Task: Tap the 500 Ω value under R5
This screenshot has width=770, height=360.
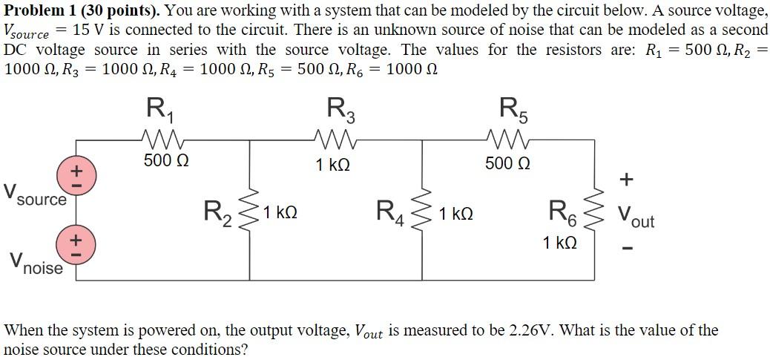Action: tap(508, 163)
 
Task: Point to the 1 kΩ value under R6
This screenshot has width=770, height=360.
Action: tap(559, 243)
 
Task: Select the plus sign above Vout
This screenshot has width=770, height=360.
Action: tap(628, 179)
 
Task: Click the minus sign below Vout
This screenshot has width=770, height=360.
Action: tap(628, 249)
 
